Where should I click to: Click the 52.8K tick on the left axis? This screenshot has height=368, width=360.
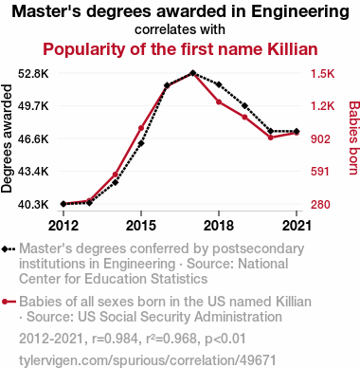pos(33,74)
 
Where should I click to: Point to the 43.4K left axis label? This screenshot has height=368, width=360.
pos(33,172)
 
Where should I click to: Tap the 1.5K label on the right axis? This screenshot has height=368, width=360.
pos(322,74)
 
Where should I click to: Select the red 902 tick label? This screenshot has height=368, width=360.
pos(320,139)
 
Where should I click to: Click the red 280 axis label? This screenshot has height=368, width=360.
pos(320,205)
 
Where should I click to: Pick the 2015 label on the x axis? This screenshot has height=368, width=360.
pos(141,226)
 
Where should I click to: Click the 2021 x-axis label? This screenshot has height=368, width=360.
pos(297,226)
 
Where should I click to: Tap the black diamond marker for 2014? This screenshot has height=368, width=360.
pos(116,182)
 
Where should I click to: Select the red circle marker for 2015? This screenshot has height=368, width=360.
pos(141,128)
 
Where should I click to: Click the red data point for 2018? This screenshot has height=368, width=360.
pos(219,101)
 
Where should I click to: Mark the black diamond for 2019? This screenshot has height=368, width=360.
pos(244,105)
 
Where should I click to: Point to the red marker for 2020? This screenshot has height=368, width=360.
pos(271,138)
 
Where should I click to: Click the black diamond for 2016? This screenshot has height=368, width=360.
pos(167,85)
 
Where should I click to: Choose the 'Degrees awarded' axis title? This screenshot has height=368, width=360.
pos(7,138)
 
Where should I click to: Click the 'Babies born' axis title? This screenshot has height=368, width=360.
pos(354,138)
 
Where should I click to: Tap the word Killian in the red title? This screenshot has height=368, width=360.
pos(293,49)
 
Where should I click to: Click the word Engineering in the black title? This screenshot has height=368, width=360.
pos(300,12)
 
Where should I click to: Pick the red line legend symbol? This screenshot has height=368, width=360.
pos(9,302)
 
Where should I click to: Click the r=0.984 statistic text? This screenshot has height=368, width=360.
pos(116,339)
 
